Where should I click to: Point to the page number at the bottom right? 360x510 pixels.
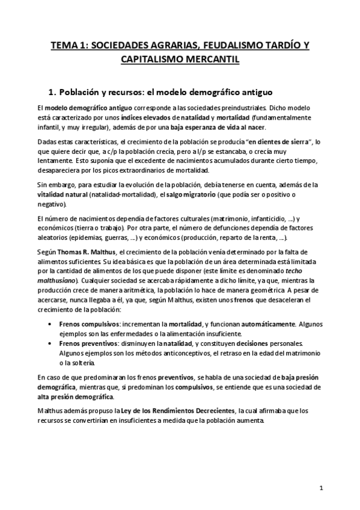coord(322,487)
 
